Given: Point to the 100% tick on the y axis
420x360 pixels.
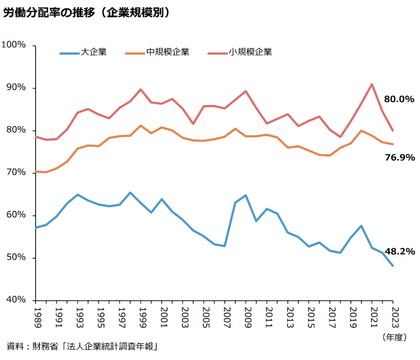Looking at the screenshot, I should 14,45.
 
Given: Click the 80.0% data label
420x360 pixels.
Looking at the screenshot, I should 399,99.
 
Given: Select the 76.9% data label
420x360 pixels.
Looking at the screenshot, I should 399,157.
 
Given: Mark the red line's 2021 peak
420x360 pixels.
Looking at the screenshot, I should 372,84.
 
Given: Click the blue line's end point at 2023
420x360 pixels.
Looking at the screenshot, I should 393,266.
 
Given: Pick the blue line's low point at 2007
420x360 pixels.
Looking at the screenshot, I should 225,246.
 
